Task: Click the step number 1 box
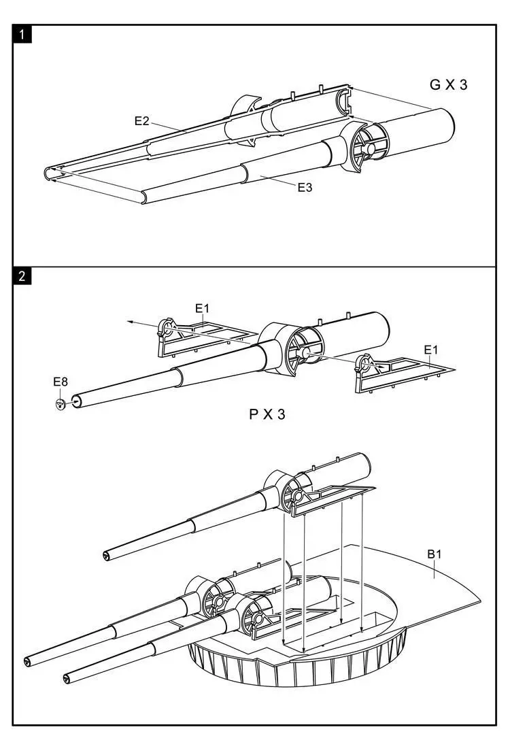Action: pos(22,34)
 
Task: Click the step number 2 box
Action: pos(22,276)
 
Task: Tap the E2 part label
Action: pos(141,121)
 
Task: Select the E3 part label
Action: pos(305,187)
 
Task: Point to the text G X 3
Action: pos(448,85)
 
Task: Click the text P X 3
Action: pos(267,414)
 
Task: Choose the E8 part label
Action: pos(61,382)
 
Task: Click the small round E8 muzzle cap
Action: pos(61,404)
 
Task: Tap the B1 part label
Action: pos(435,554)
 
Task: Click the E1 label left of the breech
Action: pos(203,308)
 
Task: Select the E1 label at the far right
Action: pos(431,350)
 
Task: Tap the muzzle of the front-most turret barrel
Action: pos(67,678)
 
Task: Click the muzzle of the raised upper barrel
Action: pos(107,557)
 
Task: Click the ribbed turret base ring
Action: pos(299,670)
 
